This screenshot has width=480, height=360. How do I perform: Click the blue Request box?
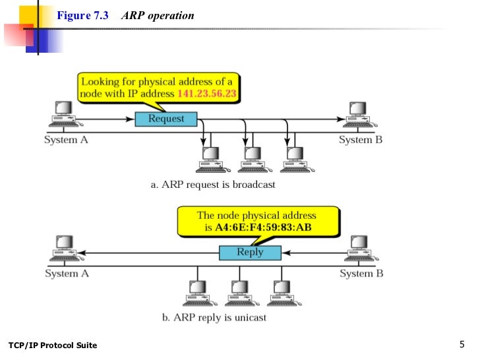click(166, 119)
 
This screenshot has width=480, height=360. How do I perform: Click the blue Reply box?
click(250, 253)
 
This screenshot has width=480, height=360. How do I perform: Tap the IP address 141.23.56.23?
click(207, 94)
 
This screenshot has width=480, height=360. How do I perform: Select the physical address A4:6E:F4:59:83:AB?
click(263, 227)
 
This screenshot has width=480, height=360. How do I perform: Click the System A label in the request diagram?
click(66, 140)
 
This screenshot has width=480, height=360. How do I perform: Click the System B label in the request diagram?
click(361, 140)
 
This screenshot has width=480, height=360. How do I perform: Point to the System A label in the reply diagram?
click(67, 274)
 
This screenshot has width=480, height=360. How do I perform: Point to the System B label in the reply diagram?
click(361, 274)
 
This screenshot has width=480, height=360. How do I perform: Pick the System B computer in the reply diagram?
click(361, 248)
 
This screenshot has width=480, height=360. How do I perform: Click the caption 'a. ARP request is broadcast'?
click(213, 185)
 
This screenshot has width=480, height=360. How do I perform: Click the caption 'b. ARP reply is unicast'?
click(214, 317)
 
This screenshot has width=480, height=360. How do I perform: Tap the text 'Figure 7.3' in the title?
click(82, 15)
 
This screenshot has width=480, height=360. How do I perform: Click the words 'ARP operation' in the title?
click(158, 16)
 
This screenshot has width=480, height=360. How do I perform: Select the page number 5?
click(462, 344)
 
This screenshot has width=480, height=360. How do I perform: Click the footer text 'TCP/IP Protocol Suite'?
click(53, 345)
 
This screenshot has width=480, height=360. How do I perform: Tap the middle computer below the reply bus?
click(242, 293)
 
